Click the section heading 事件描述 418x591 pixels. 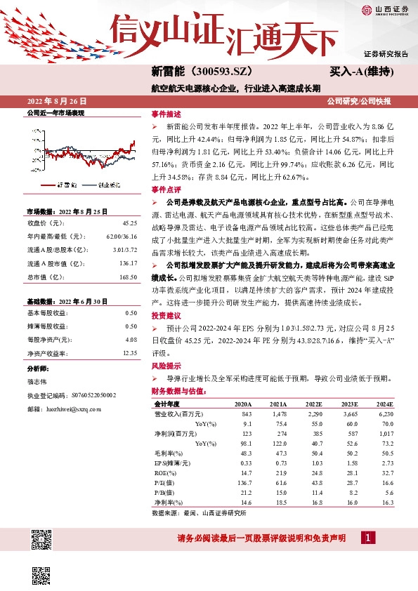(166, 114)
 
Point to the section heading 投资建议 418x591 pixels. (166, 315)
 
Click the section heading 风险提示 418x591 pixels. (166, 366)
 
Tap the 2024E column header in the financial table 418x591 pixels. (405, 405)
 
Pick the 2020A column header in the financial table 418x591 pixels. (262, 405)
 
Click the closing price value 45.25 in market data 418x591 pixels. (129, 223)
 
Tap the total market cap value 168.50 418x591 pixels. (127, 276)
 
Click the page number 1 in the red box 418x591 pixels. (367, 538)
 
